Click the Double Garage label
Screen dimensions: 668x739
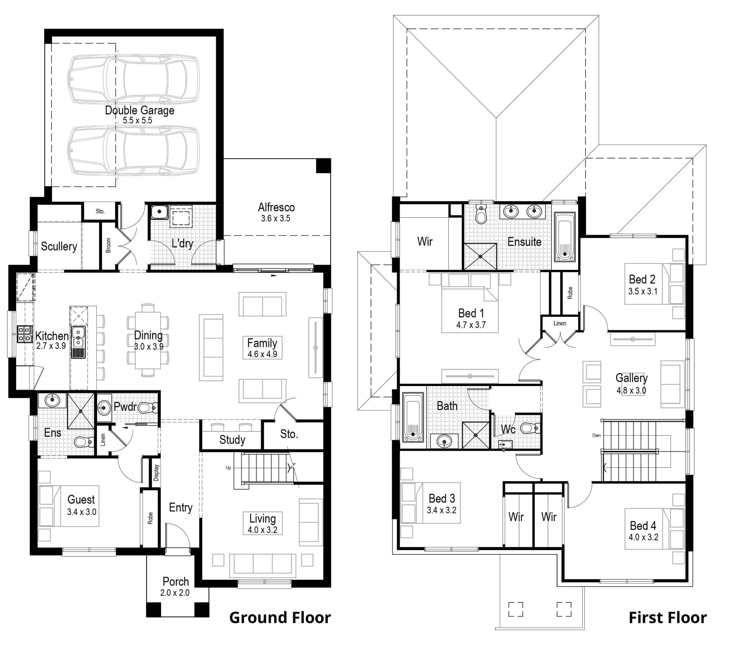pyautogui.click(x=139, y=110)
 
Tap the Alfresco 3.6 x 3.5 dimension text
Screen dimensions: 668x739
pyautogui.click(x=275, y=219)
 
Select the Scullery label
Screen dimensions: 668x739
pyautogui.click(x=59, y=246)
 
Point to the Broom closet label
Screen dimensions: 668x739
pyautogui.click(x=109, y=245)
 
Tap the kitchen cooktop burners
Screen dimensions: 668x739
pyautogui.click(x=25, y=334)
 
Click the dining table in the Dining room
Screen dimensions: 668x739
pyautogui.click(x=148, y=340)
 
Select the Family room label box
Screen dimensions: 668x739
pyautogui.click(x=262, y=348)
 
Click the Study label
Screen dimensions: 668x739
pyautogui.click(x=232, y=440)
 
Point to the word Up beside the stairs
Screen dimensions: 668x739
pyautogui.click(x=228, y=468)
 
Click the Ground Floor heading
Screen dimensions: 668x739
pyautogui.click(x=280, y=618)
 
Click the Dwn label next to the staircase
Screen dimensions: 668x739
pyautogui.click(x=596, y=436)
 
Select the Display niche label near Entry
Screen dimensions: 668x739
pyautogui.click(x=156, y=473)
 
